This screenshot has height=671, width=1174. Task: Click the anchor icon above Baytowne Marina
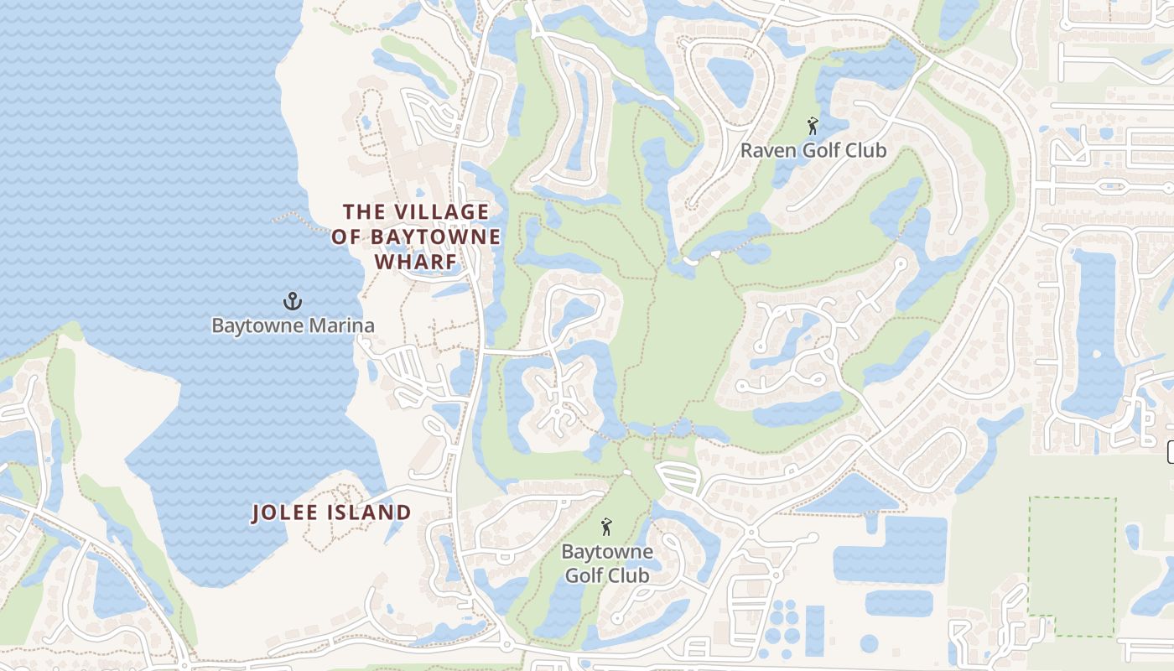click(x=292, y=300)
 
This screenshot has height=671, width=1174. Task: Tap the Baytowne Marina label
click(x=292, y=325)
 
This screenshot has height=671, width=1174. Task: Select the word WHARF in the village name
click(x=415, y=263)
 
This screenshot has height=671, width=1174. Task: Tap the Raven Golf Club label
click(x=813, y=151)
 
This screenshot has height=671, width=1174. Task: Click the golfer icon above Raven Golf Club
click(x=812, y=127)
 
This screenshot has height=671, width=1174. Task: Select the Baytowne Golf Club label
click(x=606, y=564)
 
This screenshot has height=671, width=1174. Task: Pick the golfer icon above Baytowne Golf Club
click(x=606, y=527)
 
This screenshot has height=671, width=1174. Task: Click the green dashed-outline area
click(x=1072, y=566)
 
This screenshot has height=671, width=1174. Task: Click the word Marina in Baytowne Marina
click(x=340, y=325)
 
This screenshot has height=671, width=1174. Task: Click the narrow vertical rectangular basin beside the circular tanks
click(x=814, y=629)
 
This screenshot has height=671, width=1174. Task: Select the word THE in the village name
click(x=363, y=211)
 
